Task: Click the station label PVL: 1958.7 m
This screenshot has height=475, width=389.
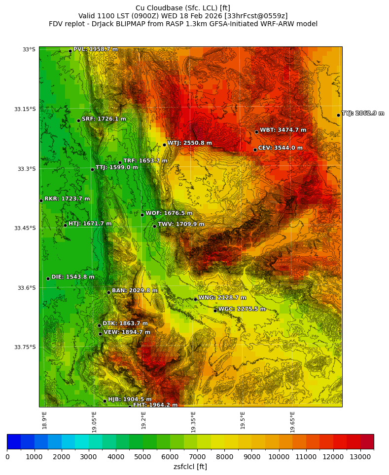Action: pos(96,49)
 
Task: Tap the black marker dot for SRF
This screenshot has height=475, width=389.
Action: pos(78,120)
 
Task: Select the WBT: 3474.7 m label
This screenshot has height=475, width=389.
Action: pos(283,130)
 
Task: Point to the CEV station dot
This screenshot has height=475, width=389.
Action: pos(255,150)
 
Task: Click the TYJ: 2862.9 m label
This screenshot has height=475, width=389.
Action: pos(363,114)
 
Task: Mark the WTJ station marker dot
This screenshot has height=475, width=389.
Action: pos(164,145)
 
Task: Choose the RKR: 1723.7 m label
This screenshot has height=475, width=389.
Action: pos(67,199)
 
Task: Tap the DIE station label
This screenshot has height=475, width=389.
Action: pos(73,277)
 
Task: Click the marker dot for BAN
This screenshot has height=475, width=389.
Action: pos(108,292)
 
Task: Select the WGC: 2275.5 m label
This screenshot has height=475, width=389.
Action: pos(242,309)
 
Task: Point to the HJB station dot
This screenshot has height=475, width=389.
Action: pos(105,401)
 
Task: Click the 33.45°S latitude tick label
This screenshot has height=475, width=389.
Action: pos(26,228)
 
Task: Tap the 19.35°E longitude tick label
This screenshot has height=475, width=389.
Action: pos(193,422)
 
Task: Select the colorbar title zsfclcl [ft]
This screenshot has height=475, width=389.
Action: pos(190,467)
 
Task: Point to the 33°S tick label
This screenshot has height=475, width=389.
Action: pos(29,49)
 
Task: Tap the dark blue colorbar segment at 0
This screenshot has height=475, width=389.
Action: pos(14,441)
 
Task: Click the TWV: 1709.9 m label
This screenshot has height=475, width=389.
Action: pos(181,225)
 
